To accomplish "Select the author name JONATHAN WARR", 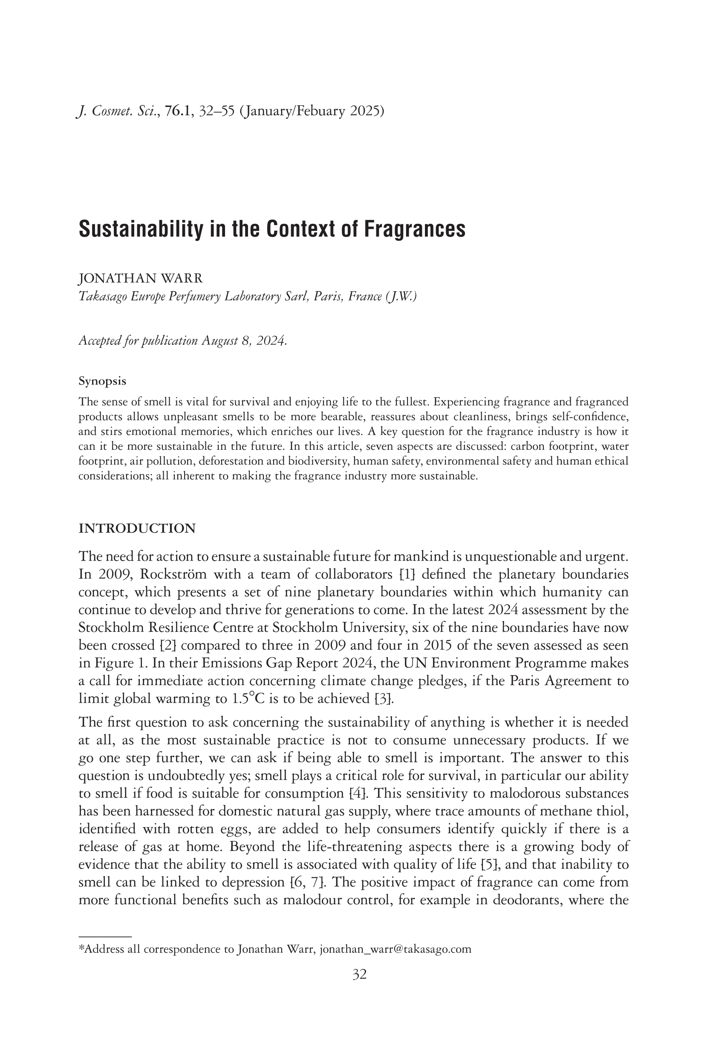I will click(141, 278).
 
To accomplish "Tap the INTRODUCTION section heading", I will click(137, 529).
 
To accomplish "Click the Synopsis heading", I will click(102, 381).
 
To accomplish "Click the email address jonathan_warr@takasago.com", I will click(395, 949).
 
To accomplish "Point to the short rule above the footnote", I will click(104, 936).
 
